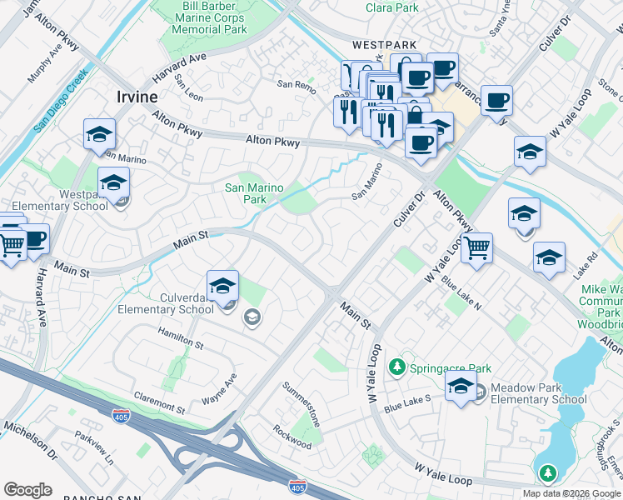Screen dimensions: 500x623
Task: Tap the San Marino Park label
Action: point(257,193)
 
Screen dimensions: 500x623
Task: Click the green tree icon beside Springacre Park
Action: point(398,367)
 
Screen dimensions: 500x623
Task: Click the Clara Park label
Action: point(391,7)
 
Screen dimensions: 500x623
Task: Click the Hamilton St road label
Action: point(181,337)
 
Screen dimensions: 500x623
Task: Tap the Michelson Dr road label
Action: point(29,441)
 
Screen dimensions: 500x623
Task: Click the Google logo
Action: point(27,490)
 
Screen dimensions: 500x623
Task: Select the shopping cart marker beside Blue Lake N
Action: point(476,247)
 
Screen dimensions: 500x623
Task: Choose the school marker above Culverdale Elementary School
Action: point(222,287)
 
